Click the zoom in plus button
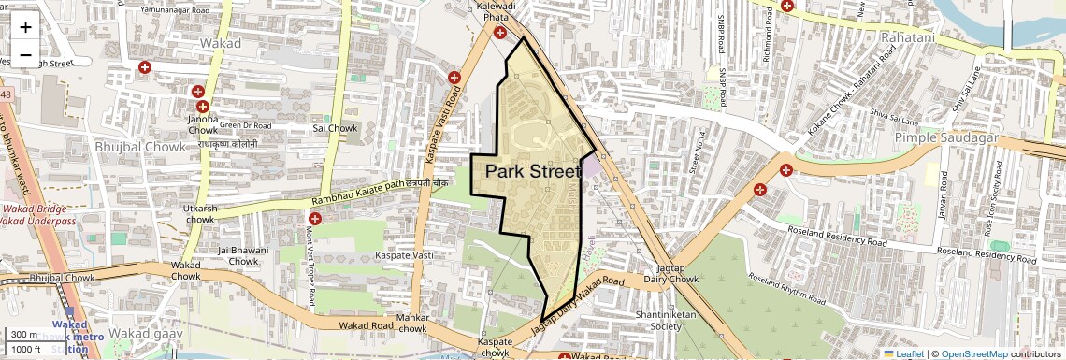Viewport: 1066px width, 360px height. [x=25, y=26]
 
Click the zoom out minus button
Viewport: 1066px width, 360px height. [x=25, y=54]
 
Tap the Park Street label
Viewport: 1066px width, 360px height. [x=534, y=171]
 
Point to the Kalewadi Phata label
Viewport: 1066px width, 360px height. [x=496, y=11]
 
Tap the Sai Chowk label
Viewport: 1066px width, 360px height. [x=335, y=127]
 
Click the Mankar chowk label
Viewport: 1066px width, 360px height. [x=412, y=324]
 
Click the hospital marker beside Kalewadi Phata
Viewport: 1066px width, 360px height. [x=501, y=33]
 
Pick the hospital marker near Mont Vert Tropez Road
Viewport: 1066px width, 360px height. [x=315, y=218]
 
